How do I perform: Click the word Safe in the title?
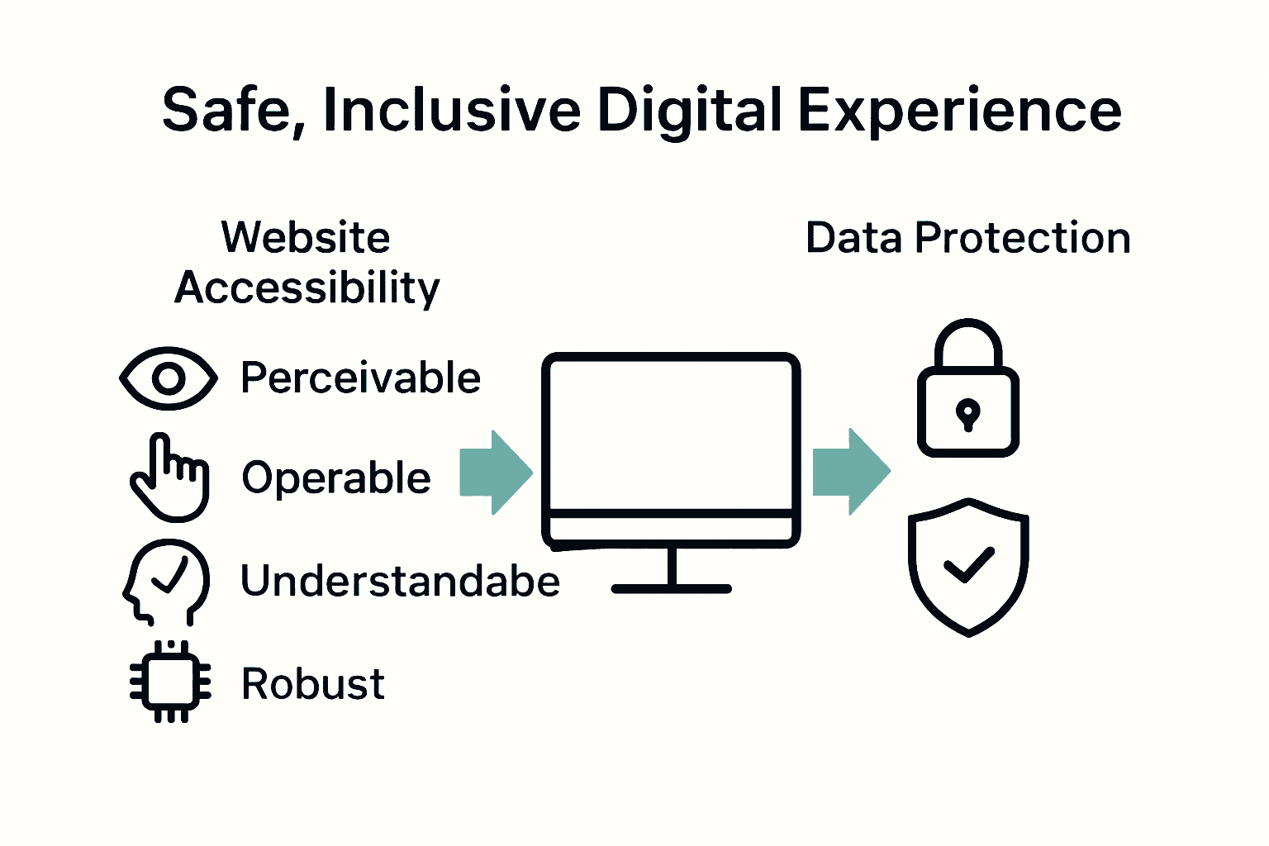tap(224, 111)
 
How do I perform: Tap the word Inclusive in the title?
tap(451, 111)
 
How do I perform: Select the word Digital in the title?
tap(689, 111)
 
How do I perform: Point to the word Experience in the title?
tap(959, 111)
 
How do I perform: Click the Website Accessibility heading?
tap(307, 263)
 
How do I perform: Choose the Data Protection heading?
tap(967, 238)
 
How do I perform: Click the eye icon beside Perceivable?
tap(169, 378)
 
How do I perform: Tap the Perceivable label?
tap(360, 378)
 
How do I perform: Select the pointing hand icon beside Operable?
tap(170, 478)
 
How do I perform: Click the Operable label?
tap(336, 478)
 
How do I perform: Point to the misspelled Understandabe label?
tap(400, 581)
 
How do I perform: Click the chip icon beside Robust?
tap(170, 682)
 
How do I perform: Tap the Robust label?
tap(312, 684)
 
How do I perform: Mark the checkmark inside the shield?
tap(968, 565)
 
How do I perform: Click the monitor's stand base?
tap(672, 588)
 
